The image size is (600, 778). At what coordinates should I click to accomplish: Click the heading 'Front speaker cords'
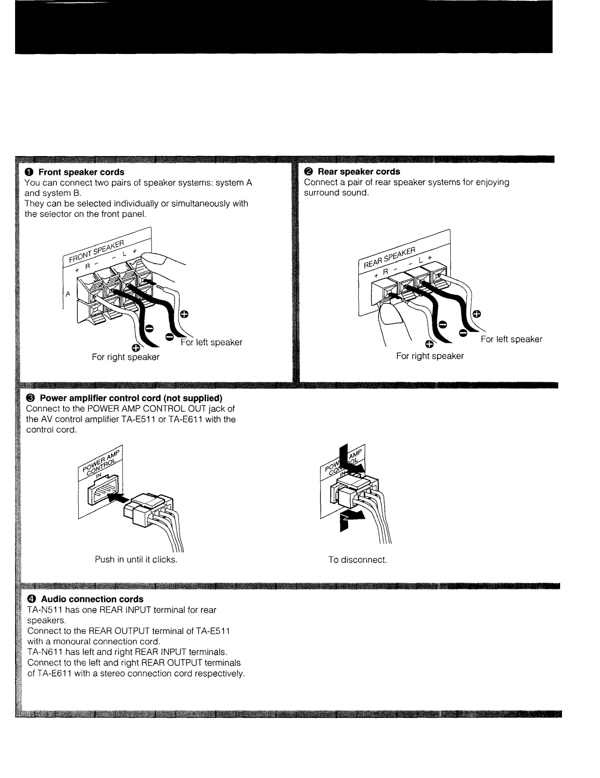coord(81,172)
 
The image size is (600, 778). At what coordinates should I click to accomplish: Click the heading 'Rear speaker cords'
coord(359,172)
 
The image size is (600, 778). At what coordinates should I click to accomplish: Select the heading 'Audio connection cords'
coord(92,599)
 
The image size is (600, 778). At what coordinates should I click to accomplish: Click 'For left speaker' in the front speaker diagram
coord(211,342)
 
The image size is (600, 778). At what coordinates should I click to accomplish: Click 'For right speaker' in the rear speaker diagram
coord(430,356)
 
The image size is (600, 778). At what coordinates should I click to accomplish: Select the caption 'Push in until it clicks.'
coord(136,560)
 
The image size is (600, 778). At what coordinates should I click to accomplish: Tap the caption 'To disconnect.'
coord(357,560)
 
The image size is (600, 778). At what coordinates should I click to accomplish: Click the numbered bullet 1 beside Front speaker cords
coord(29,172)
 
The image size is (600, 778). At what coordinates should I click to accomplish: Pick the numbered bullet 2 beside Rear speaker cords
coord(308,172)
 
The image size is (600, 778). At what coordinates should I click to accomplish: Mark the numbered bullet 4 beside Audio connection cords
coord(31,599)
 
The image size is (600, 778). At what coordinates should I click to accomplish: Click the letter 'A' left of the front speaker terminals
coord(68,294)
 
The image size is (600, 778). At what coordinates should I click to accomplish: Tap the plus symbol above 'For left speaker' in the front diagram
coord(183,314)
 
